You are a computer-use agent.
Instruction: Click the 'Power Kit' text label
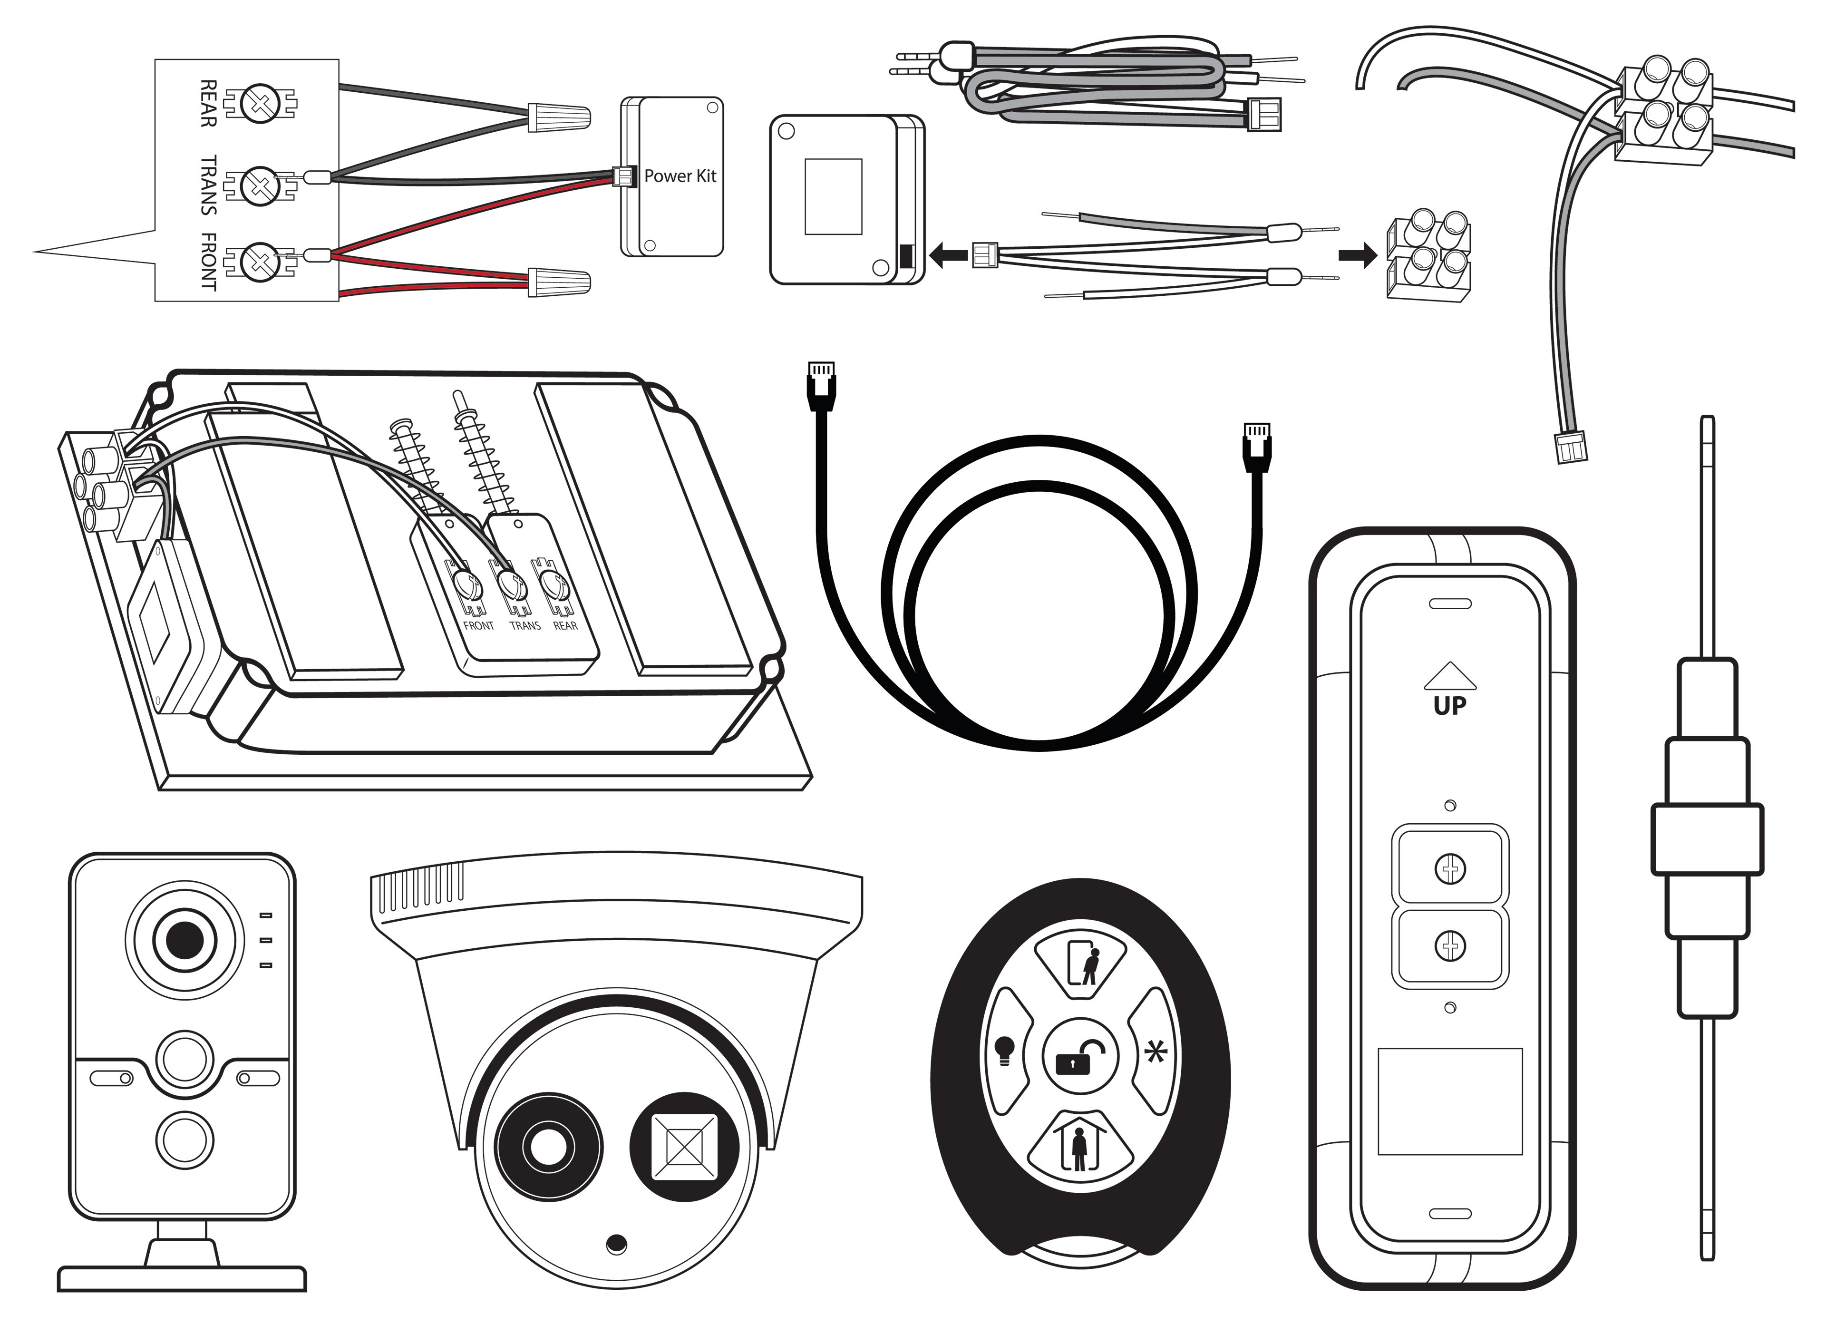[x=680, y=176]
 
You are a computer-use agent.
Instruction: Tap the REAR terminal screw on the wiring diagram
[x=261, y=103]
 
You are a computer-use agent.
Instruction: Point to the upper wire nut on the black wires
[x=559, y=117]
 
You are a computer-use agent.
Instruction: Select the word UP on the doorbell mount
[x=1450, y=706]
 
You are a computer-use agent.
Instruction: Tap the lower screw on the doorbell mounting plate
[x=1450, y=945]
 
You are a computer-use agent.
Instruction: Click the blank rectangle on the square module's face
[x=833, y=196]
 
